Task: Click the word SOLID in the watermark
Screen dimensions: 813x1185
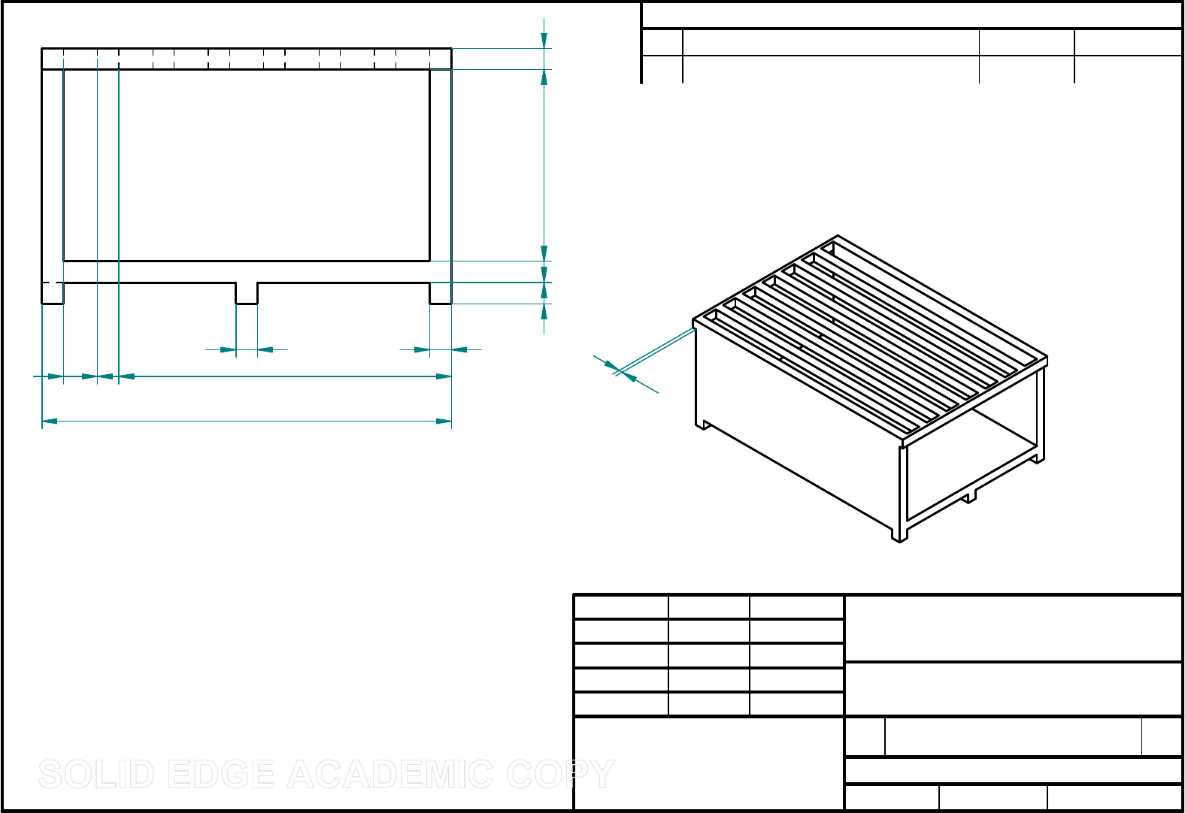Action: point(96,775)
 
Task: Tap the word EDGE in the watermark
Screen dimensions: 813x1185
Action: point(222,775)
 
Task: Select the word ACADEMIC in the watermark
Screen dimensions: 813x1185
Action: point(390,775)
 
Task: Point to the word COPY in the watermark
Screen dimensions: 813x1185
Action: point(560,775)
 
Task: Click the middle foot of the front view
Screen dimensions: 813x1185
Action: point(247,293)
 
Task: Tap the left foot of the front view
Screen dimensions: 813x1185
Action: point(53,293)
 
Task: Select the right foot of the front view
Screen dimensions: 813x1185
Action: point(441,293)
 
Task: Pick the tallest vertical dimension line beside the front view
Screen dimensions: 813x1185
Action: point(544,165)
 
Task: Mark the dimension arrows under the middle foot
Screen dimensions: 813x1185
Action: point(247,349)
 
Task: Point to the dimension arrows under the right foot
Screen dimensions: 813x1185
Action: point(441,349)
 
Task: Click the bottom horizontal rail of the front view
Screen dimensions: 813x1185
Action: point(247,272)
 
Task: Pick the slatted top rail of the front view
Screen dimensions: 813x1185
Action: point(247,59)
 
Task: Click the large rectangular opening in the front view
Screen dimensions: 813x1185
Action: point(247,165)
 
